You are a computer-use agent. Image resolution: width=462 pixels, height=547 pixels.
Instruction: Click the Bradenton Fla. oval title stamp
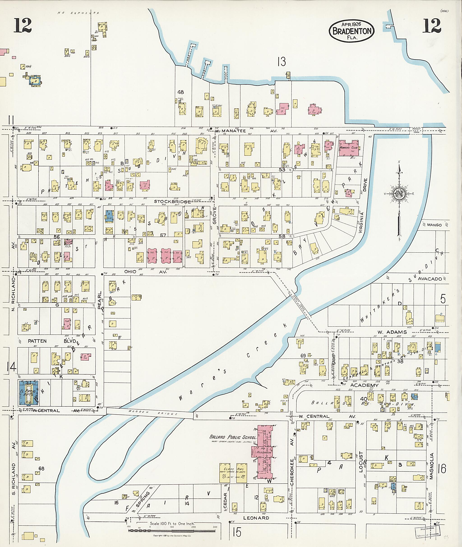pos(351,31)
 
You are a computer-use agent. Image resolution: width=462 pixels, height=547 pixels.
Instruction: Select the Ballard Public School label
pos(233,437)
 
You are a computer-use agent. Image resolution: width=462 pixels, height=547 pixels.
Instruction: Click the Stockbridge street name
pos(172,201)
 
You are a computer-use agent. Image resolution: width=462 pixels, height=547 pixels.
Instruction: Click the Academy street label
pos(364,385)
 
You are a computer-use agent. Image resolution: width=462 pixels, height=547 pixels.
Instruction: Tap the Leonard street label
pos(256,518)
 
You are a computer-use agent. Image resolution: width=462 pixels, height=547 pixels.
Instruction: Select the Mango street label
pos(434,225)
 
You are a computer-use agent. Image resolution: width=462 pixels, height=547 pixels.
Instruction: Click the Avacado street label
pos(430,279)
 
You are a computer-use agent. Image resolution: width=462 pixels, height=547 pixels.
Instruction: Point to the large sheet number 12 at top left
pos(23,26)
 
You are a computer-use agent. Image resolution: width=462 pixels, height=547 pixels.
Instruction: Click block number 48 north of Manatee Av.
pos(180,92)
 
